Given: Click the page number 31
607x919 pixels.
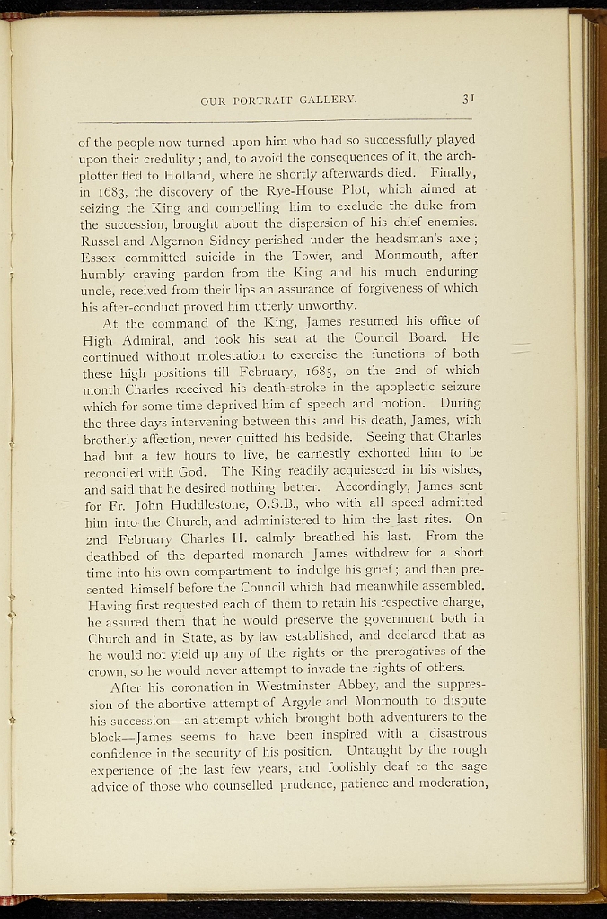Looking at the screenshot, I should (x=467, y=100).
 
